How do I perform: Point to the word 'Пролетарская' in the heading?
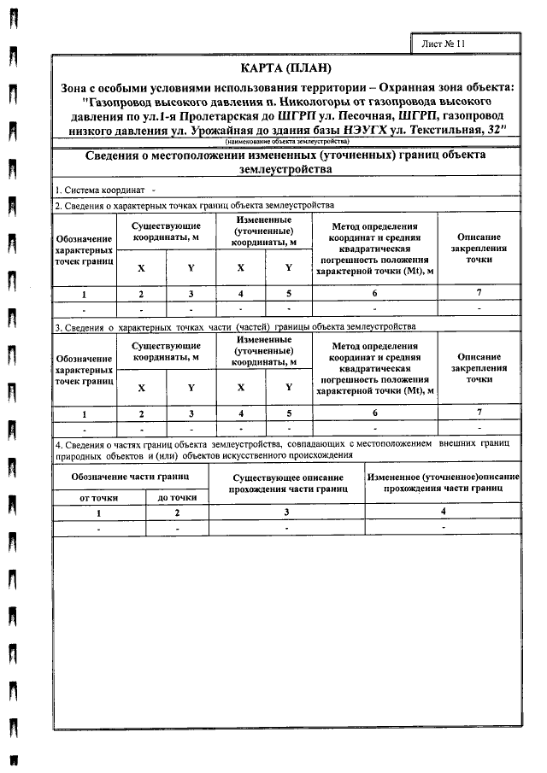(x=221, y=114)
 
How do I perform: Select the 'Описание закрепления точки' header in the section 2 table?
(x=479, y=246)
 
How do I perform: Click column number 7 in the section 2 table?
(x=479, y=293)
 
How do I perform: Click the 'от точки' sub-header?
(x=98, y=496)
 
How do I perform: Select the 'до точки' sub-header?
(x=178, y=496)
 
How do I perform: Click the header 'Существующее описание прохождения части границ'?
(x=287, y=483)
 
